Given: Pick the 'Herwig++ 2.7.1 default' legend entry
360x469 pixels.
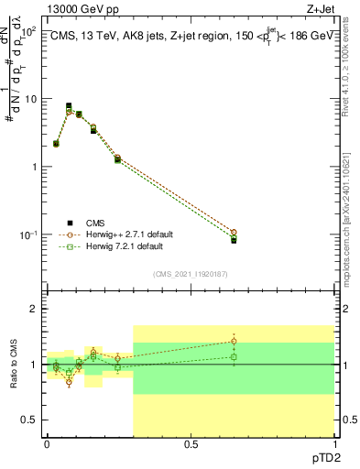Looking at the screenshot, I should (125, 234).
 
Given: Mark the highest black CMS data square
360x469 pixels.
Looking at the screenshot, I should (69, 106).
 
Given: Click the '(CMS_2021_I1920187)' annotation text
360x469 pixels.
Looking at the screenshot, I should (190, 273).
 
